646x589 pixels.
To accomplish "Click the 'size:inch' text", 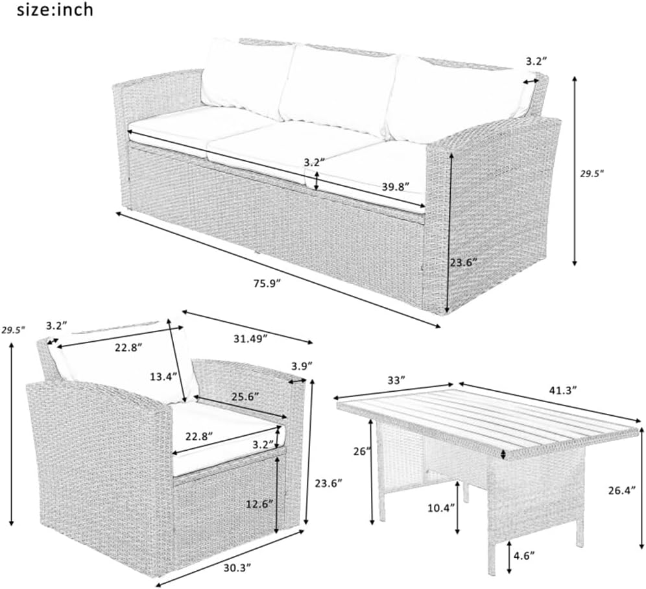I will coord(47,10).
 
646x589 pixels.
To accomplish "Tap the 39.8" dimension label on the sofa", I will coord(395,187).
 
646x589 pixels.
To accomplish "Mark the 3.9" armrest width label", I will coord(301,366).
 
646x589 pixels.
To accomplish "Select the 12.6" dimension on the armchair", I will coord(259,504).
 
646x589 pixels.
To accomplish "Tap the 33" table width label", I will coord(393,379).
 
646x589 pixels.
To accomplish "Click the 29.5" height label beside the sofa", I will coord(592,173).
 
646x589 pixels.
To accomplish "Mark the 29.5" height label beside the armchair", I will coord(12,330).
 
